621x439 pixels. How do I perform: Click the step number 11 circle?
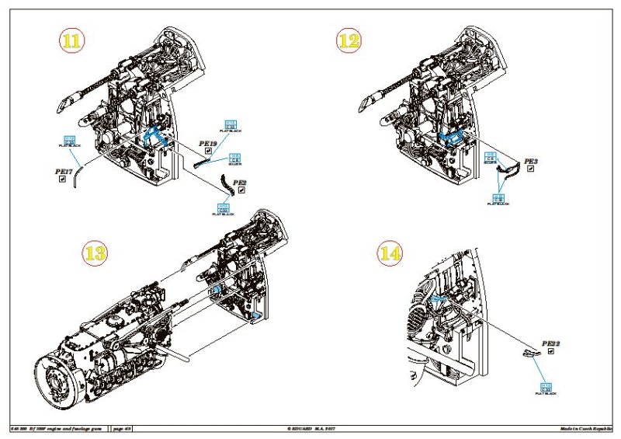[71, 41]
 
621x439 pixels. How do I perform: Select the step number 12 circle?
[349, 41]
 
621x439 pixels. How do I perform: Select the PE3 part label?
[531, 162]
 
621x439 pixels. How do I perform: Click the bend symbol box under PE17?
[62, 179]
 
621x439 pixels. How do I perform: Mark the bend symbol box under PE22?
[551, 351]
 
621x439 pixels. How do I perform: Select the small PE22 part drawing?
[528, 355]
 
